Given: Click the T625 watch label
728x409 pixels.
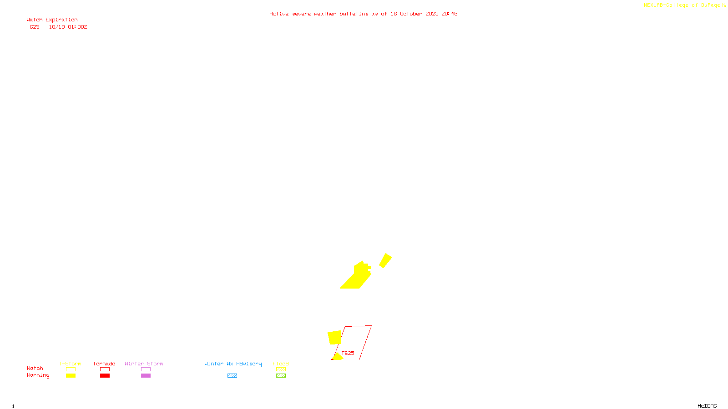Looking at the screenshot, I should [348, 353].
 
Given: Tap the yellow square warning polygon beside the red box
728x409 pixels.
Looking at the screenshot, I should [334, 337].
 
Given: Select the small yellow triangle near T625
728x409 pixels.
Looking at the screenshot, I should [337, 357].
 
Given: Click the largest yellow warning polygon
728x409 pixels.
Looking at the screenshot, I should [357, 277].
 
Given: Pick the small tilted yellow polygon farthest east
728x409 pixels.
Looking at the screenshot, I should [385, 260].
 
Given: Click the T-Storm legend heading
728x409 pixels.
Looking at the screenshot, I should [70, 364].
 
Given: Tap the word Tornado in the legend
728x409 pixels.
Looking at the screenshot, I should [104, 364].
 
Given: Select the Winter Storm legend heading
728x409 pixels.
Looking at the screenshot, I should [144, 364].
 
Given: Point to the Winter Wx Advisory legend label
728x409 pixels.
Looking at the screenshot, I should [233, 364].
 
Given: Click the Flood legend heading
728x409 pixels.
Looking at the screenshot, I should [281, 364].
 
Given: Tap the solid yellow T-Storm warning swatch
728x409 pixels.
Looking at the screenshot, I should [71, 375].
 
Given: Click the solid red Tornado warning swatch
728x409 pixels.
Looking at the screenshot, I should [105, 375].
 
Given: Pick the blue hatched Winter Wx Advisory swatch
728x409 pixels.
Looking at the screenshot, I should [232, 375].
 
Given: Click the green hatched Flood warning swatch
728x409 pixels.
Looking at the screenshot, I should [281, 375].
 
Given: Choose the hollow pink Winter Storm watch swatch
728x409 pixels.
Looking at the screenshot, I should [146, 369].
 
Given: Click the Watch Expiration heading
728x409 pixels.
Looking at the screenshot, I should [52, 20].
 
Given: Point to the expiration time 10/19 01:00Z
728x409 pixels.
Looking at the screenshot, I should [68, 27].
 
